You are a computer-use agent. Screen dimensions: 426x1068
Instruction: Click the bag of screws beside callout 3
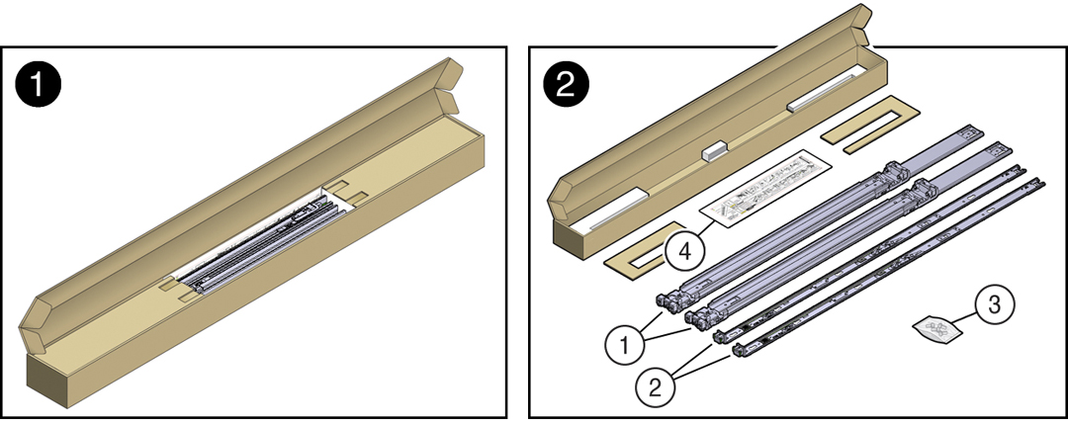935,329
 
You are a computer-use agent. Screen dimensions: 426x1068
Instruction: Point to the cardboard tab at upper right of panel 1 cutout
346,193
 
